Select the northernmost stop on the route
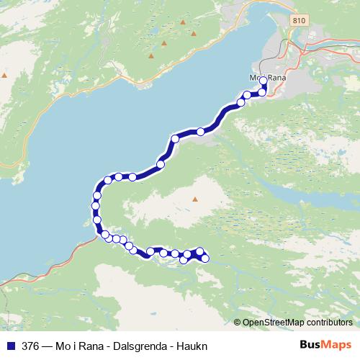coord(263,81)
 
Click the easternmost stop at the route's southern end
coord(205,258)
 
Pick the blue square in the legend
coord(11,345)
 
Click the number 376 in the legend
coord(30,345)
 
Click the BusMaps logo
coord(325,345)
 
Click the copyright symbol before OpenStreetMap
coord(238,322)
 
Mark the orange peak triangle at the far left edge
coord(4,74)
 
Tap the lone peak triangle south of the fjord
coord(194,199)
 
